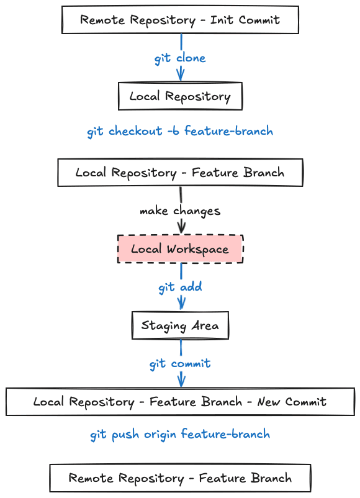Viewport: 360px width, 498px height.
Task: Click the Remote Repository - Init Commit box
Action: (x=180, y=20)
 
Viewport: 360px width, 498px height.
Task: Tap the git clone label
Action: (x=180, y=58)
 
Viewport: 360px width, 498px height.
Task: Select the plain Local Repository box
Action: (x=180, y=96)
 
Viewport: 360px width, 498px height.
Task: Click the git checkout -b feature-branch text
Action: (x=180, y=131)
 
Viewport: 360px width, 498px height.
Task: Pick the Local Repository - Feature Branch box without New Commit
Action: (x=180, y=173)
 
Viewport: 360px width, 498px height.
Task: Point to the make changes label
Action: (x=180, y=211)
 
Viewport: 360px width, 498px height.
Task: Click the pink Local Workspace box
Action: (x=180, y=249)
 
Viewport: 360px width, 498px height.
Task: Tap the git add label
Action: (x=180, y=287)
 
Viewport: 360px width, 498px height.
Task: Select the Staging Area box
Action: (x=180, y=325)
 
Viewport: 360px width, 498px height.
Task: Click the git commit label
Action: (x=180, y=364)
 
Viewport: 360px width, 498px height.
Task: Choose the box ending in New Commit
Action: (x=180, y=402)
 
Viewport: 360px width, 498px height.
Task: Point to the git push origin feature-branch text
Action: (x=180, y=435)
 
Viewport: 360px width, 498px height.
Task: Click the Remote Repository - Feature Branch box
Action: (x=180, y=478)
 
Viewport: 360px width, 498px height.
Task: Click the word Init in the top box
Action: (x=222, y=20)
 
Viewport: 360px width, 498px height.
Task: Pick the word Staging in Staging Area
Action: (x=164, y=326)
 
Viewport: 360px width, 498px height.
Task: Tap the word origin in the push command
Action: (x=160, y=435)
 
